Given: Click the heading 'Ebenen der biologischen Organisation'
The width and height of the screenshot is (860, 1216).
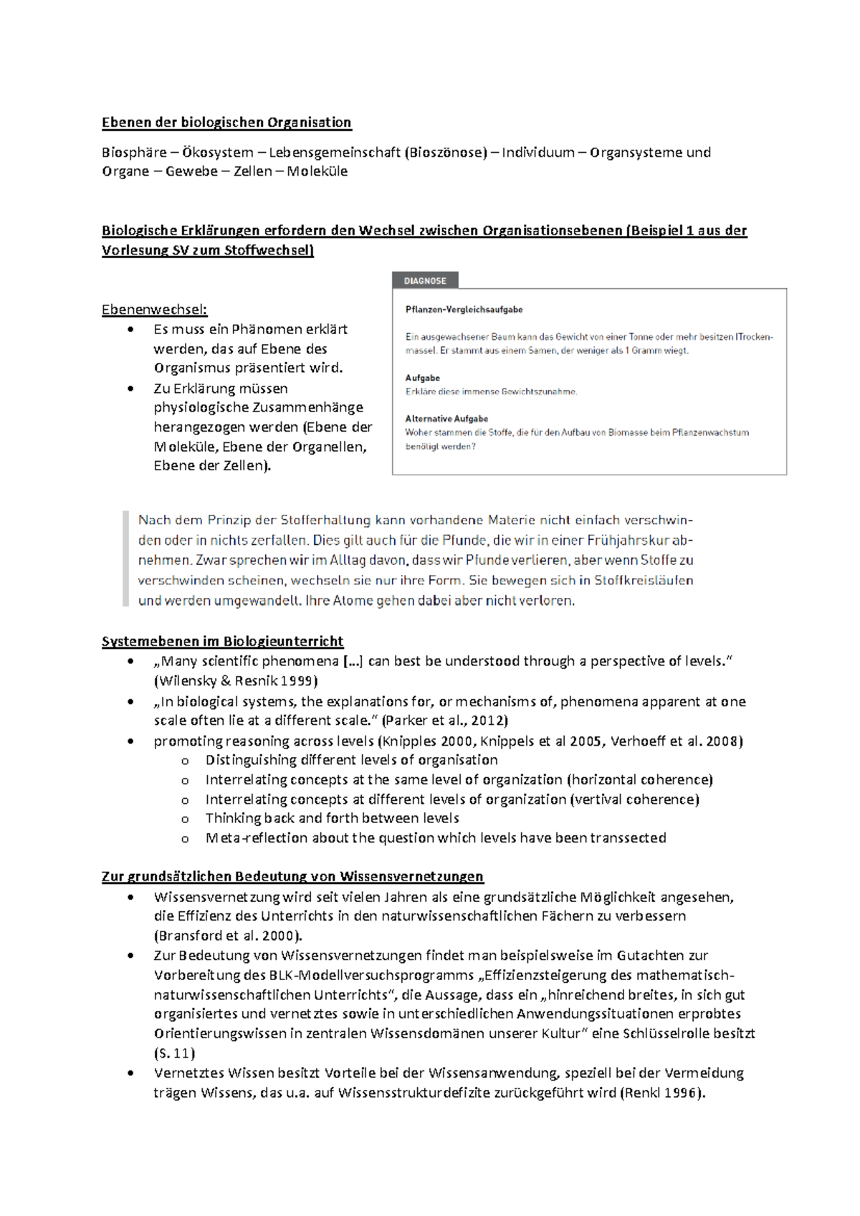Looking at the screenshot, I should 226,123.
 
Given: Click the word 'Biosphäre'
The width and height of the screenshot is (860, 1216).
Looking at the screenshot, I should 132,153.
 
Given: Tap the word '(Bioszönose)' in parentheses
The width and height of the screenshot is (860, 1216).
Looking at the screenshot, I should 445,153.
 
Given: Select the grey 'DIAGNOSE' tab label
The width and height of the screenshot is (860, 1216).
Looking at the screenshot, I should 425,281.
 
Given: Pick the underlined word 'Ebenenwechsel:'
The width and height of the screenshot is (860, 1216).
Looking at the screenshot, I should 154,310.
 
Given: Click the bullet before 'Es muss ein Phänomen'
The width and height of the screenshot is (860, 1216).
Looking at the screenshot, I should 130,330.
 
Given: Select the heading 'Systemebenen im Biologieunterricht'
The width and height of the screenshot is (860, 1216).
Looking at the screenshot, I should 222,641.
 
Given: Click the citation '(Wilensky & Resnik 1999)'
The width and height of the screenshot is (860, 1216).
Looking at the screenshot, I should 236,681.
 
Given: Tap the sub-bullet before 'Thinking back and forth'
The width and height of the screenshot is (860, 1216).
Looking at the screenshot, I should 185,819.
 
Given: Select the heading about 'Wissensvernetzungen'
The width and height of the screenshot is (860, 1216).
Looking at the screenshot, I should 292,876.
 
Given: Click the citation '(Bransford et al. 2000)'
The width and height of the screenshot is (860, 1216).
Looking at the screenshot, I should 227,936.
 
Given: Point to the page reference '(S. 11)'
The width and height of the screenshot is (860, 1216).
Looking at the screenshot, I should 174,1053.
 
